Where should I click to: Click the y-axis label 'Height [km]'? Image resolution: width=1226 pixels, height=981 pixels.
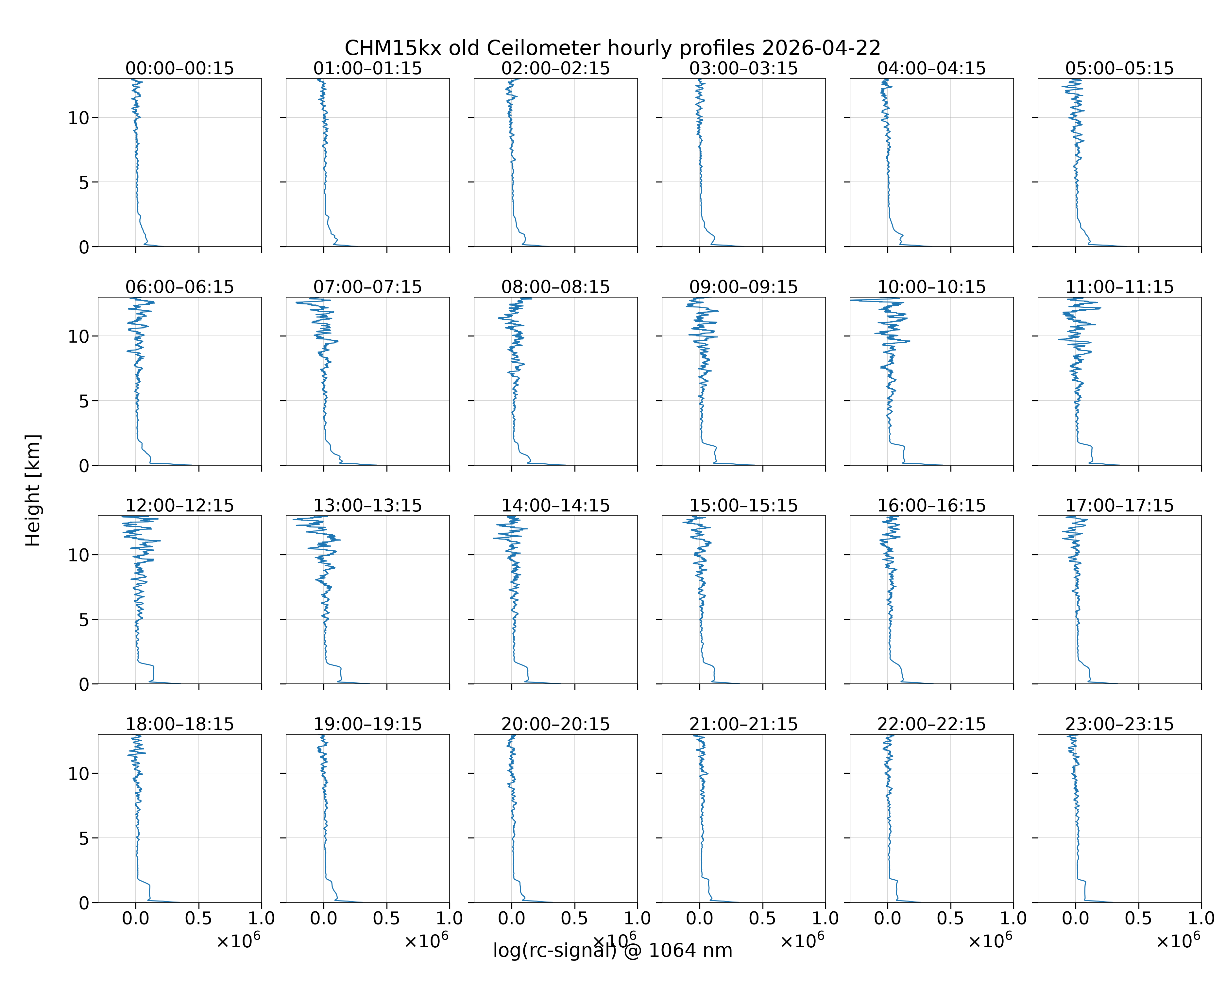(33, 490)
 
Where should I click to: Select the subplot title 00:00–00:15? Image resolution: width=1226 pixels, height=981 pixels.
(180, 68)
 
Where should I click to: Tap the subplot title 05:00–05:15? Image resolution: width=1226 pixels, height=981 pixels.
(1120, 68)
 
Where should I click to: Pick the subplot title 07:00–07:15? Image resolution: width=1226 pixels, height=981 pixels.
(368, 287)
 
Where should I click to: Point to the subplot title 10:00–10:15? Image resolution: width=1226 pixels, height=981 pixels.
(931, 287)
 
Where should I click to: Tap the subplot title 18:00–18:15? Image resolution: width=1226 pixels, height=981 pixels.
(180, 724)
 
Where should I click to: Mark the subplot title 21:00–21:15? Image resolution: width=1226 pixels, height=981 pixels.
(744, 724)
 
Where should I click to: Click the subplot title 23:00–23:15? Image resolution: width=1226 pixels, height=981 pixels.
(1120, 724)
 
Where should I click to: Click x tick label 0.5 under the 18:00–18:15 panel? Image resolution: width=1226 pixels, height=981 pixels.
(198, 919)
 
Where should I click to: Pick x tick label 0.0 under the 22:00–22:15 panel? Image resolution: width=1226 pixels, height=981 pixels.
(888, 919)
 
